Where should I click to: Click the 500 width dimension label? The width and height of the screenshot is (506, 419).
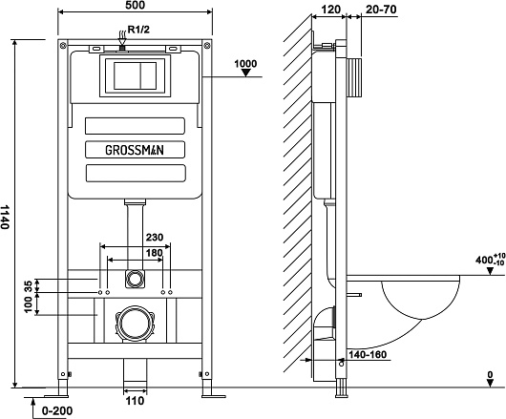click(135, 5)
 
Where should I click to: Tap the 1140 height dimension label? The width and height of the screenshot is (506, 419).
click(5, 217)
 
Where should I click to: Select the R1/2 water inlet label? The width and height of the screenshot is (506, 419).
click(139, 30)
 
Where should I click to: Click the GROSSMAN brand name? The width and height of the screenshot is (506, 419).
click(135, 150)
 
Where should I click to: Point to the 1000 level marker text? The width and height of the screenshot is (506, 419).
click(245, 64)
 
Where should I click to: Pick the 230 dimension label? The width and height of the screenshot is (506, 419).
click(155, 238)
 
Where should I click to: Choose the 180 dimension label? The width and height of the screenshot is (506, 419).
click(155, 253)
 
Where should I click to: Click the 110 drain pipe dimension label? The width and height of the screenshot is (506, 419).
click(135, 401)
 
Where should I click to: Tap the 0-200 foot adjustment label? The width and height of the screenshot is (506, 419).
click(57, 411)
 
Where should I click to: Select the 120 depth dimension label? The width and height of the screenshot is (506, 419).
click(331, 10)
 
